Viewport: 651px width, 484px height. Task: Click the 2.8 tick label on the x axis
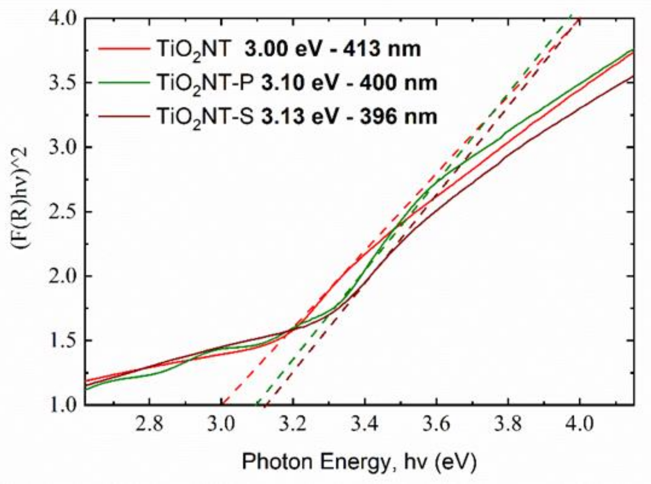tap(149, 424)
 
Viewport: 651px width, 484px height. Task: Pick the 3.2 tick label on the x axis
tap(293, 424)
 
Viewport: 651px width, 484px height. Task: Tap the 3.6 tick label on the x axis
tap(436, 424)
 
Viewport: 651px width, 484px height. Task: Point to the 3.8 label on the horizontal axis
tap(508, 424)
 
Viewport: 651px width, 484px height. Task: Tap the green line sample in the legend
tap(123, 83)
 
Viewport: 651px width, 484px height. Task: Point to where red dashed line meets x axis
tap(222, 404)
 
